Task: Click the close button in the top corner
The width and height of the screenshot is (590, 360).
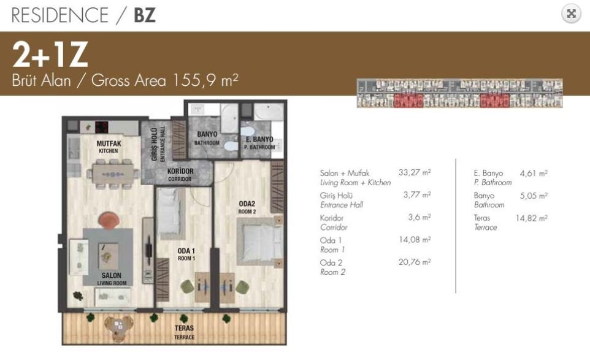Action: pyautogui.click(x=571, y=14)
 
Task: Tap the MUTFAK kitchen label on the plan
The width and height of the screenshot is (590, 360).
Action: pyautogui.click(x=109, y=147)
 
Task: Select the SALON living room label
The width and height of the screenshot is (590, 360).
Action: pyautogui.click(x=112, y=279)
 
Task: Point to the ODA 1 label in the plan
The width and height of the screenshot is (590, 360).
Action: pyautogui.click(x=186, y=254)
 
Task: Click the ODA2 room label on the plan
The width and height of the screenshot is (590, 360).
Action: pyautogui.click(x=247, y=207)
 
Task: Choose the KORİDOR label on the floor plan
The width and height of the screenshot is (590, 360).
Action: pyautogui.click(x=180, y=175)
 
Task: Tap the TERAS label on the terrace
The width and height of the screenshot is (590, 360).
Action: pyautogui.click(x=185, y=332)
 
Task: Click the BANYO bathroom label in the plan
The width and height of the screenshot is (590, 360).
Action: pyautogui.click(x=207, y=138)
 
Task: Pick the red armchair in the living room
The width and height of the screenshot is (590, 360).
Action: pyautogui.click(x=109, y=220)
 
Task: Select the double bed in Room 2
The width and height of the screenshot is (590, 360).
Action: pyautogui.click(x=260, y=241)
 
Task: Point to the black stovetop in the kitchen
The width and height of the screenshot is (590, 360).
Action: pyautogui.click(x=102, y=127)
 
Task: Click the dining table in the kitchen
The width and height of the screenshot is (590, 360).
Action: pyautogui.click(x=113, y=174)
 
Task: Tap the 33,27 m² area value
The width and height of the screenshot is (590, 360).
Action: pyautogui.click(x=415, y=172)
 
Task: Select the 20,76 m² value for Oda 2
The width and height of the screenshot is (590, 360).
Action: pyautogui.click(x=415, y=262)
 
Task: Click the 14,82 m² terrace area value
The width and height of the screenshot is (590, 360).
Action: pyautogui.click(x=531, y=218)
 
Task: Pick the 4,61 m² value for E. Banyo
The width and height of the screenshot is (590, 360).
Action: pyautogui.click(x=534, y=173)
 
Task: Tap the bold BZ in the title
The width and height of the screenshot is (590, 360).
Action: pyautogui.click(x=145, y=15)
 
